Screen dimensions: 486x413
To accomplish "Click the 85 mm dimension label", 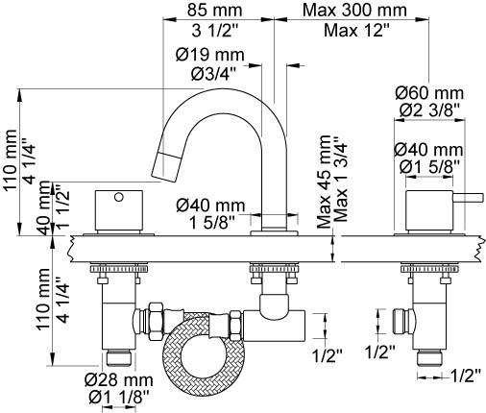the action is pyautogui.click(x=214, y=10).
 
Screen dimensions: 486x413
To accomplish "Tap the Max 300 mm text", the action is pyautogui.click(x=354, y=10).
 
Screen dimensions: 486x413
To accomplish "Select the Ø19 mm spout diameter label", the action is pyautogui.click(x=210, y=55).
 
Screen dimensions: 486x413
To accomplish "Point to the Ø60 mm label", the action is pyautogui.click(x=429, y=93).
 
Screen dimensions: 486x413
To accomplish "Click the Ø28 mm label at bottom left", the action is pyautogui.click(x=119, y=380).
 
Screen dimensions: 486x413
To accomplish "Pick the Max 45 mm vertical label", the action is pyautogui.click(x=324, y=182).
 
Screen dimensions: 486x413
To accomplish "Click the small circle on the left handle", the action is pyautogui.click(x=119, y=197).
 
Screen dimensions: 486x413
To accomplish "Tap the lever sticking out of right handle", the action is pyautogui.click(x=468, y=197).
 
